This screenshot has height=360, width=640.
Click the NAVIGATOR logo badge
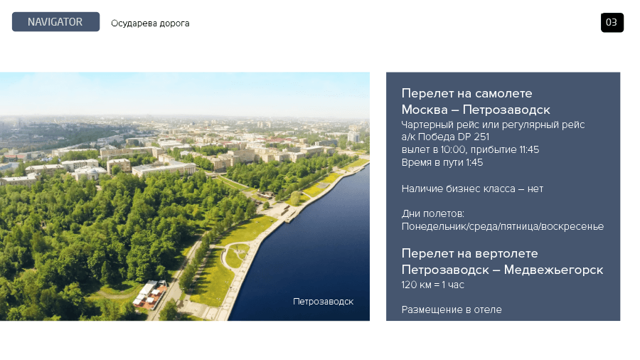(55, 21)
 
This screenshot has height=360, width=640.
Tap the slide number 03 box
(612, 23)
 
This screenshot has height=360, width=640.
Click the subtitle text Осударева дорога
(150, 23)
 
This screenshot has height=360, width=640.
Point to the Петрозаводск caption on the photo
(324, 302)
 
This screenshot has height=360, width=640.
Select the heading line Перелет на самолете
(466, 93)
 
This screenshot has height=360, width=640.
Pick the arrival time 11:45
(529, 150)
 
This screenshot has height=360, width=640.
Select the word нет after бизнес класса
(535, 189)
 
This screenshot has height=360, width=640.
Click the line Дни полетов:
(432, 213)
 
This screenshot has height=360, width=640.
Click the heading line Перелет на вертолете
(469, 253)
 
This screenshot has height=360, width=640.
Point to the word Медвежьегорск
(553, 270)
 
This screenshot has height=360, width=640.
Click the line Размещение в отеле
(452, 309)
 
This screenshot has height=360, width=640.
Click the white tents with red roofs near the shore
(150, 293)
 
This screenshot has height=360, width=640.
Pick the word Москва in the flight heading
(425, 110)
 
